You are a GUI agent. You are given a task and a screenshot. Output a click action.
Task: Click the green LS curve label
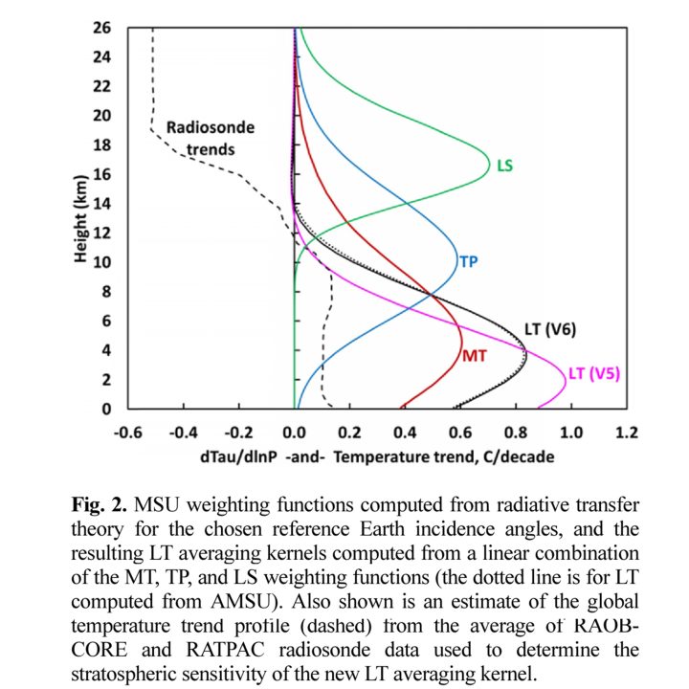[504, 166]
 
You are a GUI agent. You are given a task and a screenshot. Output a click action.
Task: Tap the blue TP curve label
[469, 260]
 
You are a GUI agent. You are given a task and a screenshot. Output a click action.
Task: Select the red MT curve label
[476, 357]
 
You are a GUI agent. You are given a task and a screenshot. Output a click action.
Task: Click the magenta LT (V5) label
[594, 374]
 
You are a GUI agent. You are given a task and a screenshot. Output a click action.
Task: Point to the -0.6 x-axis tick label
[128, 432]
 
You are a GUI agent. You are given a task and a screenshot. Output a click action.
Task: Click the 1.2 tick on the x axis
[627, 432]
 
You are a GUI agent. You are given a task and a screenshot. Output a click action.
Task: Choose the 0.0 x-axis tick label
[295, 432]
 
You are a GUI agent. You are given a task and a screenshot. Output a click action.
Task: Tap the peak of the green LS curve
[488, 174]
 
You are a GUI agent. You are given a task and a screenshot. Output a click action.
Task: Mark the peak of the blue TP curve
[458, 261]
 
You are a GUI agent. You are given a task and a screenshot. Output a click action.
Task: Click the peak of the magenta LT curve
[566, 378]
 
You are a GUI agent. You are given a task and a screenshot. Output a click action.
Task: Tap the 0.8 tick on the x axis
[517, 432]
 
